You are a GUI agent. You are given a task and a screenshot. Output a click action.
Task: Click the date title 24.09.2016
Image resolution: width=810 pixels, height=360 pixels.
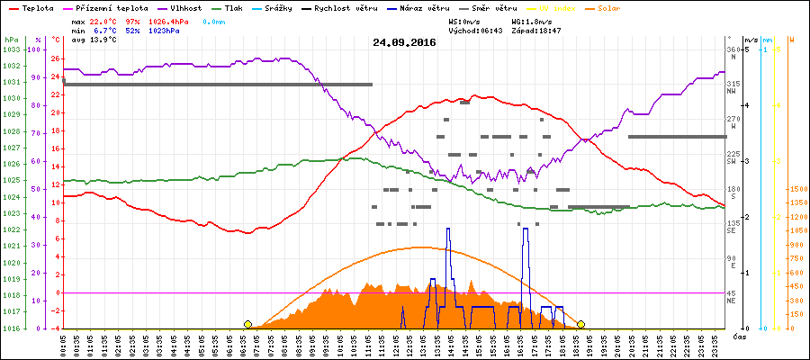(x=404, y=41)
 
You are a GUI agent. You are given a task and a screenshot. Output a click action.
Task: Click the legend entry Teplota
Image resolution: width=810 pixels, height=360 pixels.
(x=34, y=7)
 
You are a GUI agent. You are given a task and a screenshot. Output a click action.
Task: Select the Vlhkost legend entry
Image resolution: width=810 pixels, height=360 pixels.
(x=188, y=7)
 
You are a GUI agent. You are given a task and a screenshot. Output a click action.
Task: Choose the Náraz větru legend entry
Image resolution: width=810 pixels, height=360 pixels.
(x=420, y=7)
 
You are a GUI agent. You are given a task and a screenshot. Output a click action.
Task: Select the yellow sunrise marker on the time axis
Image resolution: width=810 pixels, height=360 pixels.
(x=247, y=324)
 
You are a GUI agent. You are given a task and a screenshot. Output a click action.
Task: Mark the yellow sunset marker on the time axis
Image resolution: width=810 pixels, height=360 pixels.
(x=581, y=324)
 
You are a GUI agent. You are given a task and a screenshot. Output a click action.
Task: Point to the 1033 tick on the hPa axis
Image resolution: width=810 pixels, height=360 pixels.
(x=11, y=49)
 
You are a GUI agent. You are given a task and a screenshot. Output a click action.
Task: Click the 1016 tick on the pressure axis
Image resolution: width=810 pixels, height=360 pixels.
(x=11, y=328)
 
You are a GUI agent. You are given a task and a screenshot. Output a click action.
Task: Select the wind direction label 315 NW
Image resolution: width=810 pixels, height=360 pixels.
(x=733, y=86)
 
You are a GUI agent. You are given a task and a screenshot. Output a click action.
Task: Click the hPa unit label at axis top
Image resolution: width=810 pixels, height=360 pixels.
(x=11, y=40)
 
